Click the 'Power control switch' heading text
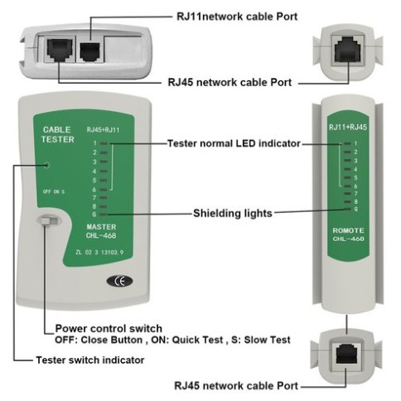108,327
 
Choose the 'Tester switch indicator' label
90,360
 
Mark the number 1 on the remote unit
355,144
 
